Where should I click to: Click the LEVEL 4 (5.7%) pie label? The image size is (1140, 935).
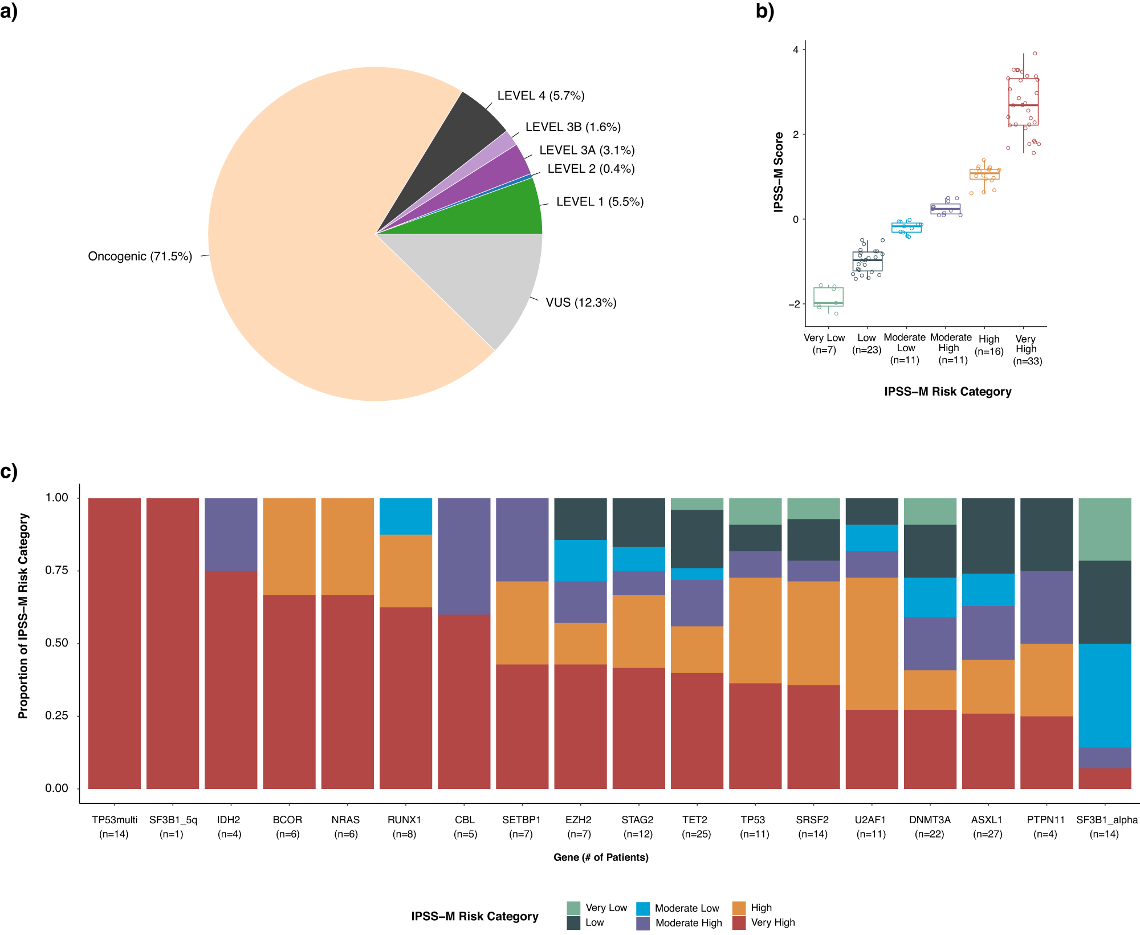(x=540, y=96)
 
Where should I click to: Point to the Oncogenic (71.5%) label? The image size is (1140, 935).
(x=140, y=257)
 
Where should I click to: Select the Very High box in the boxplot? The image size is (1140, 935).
(x=1023, y=101)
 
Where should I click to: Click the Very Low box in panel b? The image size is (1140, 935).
(x=828, y=296)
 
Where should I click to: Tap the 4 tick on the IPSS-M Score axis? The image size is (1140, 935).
(x=796, y=50)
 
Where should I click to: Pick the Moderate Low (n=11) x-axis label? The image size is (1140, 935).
(x=905, y=348)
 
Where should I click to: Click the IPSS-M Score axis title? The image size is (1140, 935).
(x=779, y=172)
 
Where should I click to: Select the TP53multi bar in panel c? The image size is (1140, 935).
(x=115, y=643)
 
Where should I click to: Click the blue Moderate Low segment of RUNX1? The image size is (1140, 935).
(x=405, y=516)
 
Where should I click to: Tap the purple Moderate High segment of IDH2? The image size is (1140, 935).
(x=231, y=534)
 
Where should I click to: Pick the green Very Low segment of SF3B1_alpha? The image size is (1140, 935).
(x=1104, y=529)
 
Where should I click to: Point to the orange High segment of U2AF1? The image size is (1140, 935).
(x=872, y=643)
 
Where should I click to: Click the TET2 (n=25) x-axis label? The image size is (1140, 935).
(x=695, y=827)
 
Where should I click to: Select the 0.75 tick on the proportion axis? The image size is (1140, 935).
(x=56, y=571)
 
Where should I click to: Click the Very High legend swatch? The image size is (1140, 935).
(x=739, y=922)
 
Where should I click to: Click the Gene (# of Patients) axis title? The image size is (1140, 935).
(x=601, y=857)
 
